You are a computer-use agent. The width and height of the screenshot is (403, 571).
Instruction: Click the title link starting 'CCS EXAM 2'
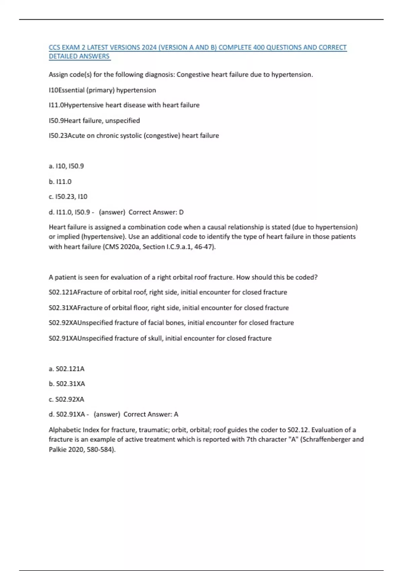point(197,48)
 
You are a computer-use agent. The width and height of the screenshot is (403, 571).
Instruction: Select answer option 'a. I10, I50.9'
point(66,166)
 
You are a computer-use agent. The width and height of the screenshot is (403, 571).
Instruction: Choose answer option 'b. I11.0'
point(60,181)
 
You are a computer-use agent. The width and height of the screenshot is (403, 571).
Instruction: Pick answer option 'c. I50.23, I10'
point(68,196)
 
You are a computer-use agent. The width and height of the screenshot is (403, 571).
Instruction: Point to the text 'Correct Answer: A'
point(151,414)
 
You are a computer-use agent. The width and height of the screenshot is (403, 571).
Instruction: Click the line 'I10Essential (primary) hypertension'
point(102,90)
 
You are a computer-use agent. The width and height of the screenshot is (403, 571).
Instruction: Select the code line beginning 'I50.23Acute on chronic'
point(134,136)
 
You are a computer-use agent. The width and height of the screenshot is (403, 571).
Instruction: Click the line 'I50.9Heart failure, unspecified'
point(94,121)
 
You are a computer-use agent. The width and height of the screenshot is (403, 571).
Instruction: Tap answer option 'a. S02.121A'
point(66,369)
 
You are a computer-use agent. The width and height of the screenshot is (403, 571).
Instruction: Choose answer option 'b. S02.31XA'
point(67,384)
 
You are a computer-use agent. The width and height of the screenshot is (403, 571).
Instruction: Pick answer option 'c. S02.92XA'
point(66,399)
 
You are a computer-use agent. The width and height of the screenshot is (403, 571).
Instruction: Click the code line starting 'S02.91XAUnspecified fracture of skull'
point(160,338)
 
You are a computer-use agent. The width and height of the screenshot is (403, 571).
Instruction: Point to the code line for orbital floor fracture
point(169,308)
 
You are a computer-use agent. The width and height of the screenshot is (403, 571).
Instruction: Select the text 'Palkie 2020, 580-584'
point(81,449)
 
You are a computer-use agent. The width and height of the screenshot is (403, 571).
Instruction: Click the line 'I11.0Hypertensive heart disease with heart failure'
point(124,105)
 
